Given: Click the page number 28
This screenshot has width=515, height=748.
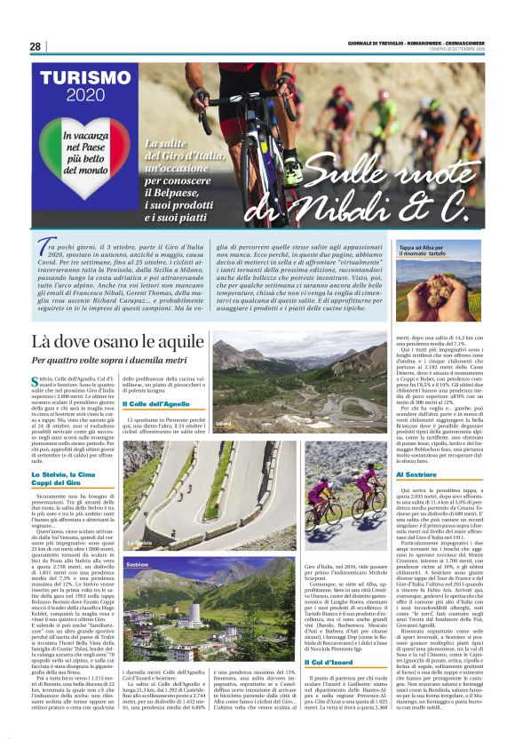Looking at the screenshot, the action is coord(35,46).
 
